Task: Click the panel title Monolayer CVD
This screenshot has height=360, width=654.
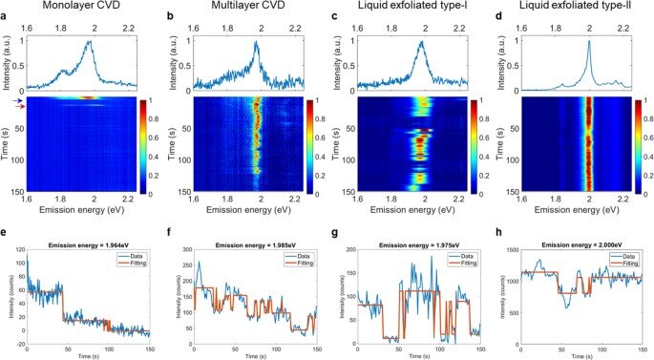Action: point(89,8)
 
